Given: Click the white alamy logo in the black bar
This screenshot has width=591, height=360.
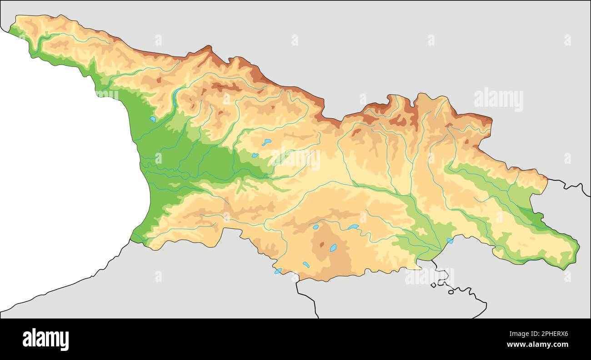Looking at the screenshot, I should pyautogui.click(x=45, y=340).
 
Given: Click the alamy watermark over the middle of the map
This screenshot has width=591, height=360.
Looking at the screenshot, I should pyautogui.click(x=295, y=159).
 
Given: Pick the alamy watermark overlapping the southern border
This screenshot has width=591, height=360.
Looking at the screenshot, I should pyautogui.click(x=429, y=276).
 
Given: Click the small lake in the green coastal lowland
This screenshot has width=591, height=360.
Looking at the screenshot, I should pyautogui.click(x=153, y=119).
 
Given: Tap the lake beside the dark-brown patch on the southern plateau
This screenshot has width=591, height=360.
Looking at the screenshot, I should pyautogui.click(x=333, y=248).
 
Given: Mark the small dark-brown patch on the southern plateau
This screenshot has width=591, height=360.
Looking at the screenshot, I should pyautogui.click(x=322, y=245).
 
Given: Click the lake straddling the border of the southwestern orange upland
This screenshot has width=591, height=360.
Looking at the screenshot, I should pyautogui.click(x=278, y=271).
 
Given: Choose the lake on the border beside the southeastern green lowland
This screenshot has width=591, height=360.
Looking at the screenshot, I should pyautogui.click(x=450, y=240).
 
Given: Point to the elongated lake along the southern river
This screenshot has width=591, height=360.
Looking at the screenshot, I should pyautogui.click(x=353, y=226).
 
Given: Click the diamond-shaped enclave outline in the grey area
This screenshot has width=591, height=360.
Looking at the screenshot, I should pyautogui.click(x=433, y=285).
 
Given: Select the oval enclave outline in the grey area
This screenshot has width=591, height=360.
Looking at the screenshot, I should pyautogui.click(x=451, y=292).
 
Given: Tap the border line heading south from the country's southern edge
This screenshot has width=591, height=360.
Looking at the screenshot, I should pyautogui.click(x=306, y=298).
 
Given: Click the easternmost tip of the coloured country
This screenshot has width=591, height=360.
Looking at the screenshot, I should pyautogui.click(x=579, y=247).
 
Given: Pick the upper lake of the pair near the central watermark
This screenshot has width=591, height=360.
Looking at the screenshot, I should pyautogui.click(x=266, y=142).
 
